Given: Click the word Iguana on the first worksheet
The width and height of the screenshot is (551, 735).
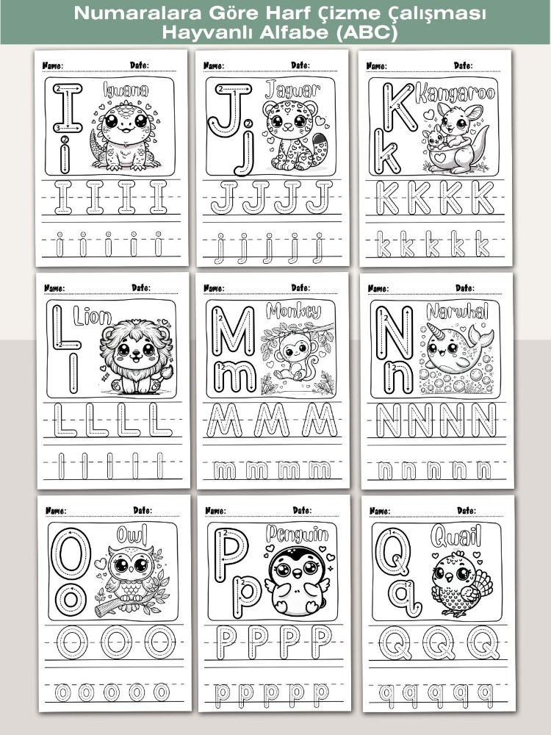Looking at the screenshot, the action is (x=126, y=90).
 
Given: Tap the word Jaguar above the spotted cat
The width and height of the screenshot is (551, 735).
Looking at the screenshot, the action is (x=293, y=89).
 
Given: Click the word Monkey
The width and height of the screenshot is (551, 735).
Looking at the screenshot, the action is (x=293, y=311).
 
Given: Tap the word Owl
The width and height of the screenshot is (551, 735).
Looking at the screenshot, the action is (x=132, y=534).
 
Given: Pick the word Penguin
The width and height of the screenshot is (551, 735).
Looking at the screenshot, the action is (x=297, y=534).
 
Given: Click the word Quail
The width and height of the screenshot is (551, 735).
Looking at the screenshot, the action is (x=456, y=537).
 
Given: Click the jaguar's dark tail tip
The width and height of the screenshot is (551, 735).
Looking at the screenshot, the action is (x=320, y=140).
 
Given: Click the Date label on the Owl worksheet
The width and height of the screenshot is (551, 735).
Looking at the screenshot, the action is (x=142, y=510).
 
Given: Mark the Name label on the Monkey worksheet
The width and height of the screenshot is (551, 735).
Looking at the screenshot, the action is (x=214, y=288).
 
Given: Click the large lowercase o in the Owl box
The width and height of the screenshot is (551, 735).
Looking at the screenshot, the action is (x=71, y=598).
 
